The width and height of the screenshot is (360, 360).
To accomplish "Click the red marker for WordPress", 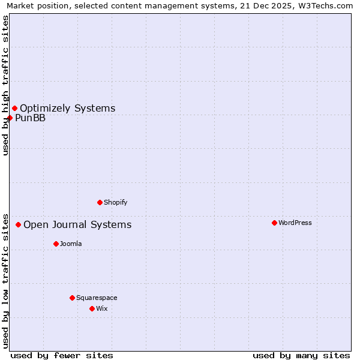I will (274, 223).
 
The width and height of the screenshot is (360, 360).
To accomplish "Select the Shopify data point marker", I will (100, 202).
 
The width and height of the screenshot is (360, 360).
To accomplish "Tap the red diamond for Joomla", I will (56, 244).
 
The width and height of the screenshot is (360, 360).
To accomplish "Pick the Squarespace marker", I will (72, 298).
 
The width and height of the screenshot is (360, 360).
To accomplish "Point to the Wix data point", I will (92, 308).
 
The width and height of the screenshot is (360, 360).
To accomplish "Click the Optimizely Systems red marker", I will (14, 108).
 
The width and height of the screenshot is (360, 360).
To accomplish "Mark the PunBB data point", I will (10, 118).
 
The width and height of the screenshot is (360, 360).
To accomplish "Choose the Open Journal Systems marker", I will (18, 224).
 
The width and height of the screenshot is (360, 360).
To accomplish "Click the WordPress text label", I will (295, 223).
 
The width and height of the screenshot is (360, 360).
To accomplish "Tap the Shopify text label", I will (116, 202).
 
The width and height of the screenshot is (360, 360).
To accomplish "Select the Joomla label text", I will (71, 244).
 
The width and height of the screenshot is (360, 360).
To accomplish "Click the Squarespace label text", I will (97, 298).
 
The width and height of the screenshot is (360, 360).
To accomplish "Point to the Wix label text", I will (102, 308).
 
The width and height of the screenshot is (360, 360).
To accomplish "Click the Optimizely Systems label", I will (68, 108).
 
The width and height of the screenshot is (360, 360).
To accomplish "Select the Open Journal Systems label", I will (77, 224).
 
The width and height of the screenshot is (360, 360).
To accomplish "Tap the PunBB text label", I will (31, 118).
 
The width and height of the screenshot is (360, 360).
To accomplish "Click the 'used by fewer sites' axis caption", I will (62, 355).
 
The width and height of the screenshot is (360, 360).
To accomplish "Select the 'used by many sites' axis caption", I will (301, 355).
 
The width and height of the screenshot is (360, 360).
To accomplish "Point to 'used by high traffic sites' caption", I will (5, 85).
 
